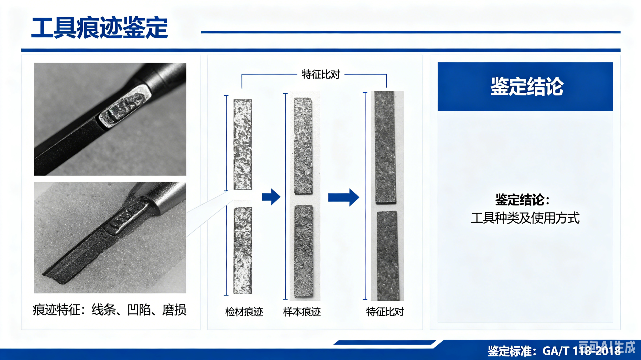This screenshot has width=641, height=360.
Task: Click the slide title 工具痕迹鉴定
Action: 99,28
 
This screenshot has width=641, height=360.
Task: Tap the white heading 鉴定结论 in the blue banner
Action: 527,86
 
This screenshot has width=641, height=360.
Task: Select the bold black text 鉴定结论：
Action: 522,200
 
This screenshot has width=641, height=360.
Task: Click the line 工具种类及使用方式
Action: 525,218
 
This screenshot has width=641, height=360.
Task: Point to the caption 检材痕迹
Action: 244,312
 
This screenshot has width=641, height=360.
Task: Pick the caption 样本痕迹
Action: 302,312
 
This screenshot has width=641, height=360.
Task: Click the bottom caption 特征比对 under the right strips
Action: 385,312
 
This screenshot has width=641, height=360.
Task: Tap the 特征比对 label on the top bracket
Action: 321,74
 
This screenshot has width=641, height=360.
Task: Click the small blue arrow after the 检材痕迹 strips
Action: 271,197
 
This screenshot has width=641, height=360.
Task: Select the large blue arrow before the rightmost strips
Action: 344,197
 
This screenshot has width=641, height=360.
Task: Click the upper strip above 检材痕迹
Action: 243,144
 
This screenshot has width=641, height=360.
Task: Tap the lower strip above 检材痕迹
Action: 243,250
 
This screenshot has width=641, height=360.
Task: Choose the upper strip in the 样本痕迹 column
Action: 303,146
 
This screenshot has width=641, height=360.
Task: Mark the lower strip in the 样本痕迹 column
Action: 304,251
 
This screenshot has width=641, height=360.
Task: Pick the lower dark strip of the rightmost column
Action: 387,255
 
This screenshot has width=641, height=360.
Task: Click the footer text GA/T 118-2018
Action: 581,351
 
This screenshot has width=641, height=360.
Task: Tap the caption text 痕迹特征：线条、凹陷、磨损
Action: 110,310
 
